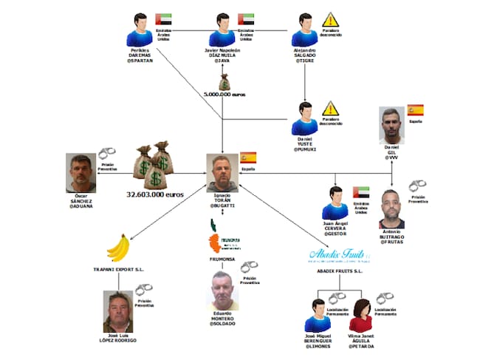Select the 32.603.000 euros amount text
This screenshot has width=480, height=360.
click(155, 195)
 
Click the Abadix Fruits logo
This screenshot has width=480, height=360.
click(340, 255)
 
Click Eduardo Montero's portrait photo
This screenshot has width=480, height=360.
click(226, 291)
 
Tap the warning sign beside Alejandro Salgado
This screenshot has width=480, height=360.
click(330, 19)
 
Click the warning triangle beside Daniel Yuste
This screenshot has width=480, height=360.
click(330, 109)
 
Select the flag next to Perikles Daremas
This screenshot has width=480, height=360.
click(164, 19)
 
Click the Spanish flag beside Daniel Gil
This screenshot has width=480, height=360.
click(416, 111)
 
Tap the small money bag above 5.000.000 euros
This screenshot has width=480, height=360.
click(224, 81)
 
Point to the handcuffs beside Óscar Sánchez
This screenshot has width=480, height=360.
click(107, 154)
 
